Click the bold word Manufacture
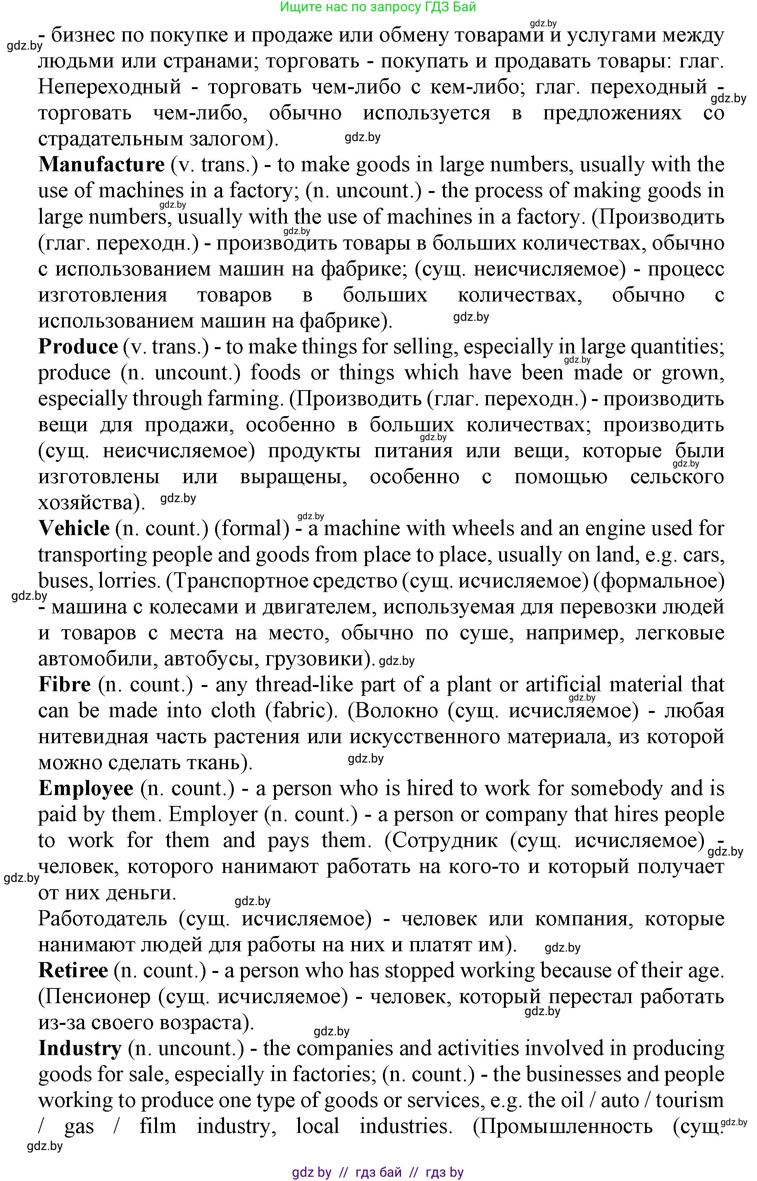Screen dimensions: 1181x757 coord(101,165)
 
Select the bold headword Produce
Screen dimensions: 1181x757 coord(78,347)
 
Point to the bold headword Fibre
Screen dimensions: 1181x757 coord(64,685)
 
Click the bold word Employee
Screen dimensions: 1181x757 coord(86,789)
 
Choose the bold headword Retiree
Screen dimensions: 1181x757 coord(73,971)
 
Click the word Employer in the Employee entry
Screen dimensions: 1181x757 coord(213,815)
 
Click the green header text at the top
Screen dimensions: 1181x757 coord(378,7)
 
